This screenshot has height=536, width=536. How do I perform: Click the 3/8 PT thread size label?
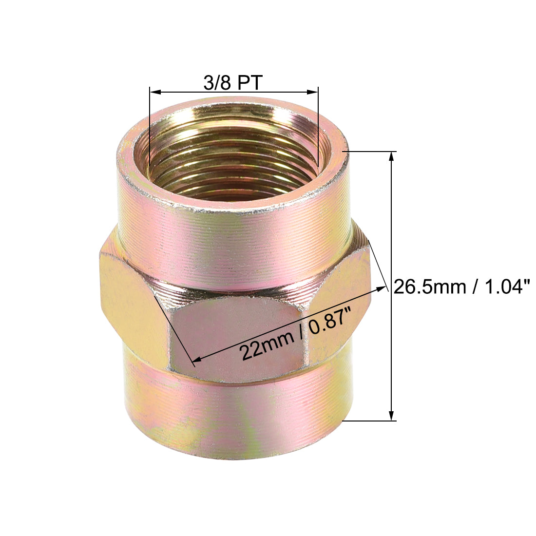[x=233, y=83]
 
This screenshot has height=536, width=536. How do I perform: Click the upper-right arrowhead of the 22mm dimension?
[x=381, y=289]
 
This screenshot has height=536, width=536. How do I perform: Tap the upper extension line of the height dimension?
[x=370, y=152]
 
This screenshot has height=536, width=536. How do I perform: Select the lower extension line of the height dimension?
[x=370, y=421]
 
